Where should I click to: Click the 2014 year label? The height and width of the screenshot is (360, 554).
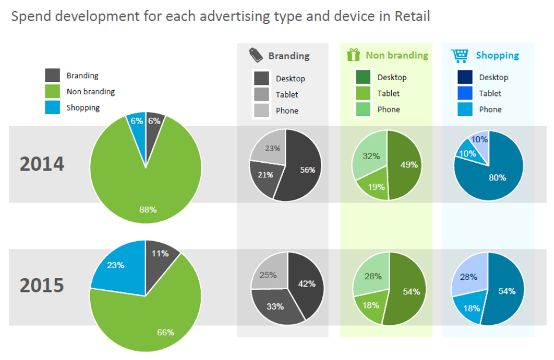click(x=42, y=164)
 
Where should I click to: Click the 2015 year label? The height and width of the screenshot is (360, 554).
click(x=42, y=285)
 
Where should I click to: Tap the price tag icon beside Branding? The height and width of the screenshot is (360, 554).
click(x=255, y=55)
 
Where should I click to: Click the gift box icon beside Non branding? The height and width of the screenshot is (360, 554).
click(x=353, y=55)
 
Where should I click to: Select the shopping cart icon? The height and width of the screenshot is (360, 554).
click(x=460, y=55)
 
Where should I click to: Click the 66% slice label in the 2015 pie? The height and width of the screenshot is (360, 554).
click(x=166, y=332)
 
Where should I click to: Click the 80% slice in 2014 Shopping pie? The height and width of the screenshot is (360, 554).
click(x=497, y=177)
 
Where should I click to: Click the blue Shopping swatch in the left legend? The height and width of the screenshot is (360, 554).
click(x=53, y=107)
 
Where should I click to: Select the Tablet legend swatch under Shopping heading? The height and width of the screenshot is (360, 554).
click(x=463, y=93)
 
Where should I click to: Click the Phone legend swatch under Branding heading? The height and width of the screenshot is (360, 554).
click(x=261, y=110)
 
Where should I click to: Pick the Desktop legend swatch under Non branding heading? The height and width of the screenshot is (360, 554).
click(x=363, y=77)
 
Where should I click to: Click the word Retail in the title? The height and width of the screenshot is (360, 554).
click(x=412, y=16)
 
